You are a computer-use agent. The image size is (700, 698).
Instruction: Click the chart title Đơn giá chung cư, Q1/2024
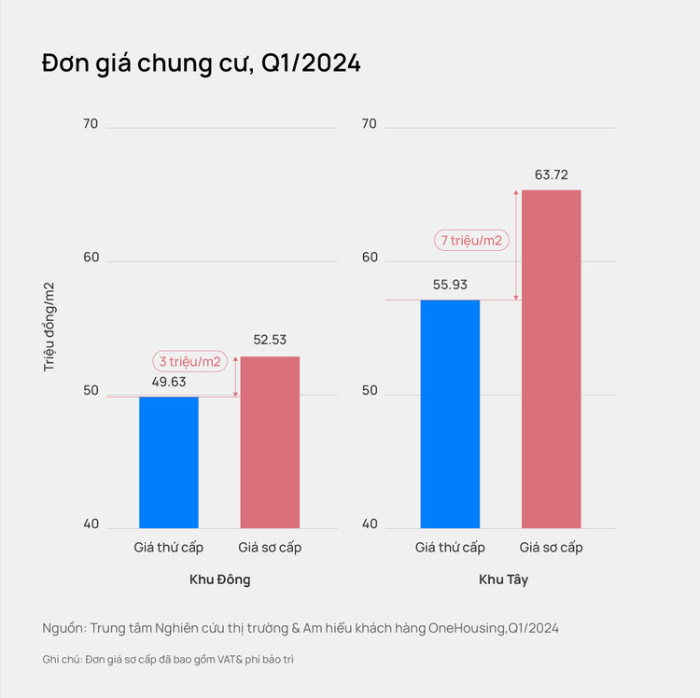[x=201, y=64]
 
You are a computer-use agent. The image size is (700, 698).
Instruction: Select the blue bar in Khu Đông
[x=169, y=462]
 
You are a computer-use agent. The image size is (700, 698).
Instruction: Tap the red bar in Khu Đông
[x=270, y=442]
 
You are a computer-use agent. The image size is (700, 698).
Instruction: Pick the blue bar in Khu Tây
[x=450, y=413]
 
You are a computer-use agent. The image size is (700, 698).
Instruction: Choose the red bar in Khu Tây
[x=551, y=359]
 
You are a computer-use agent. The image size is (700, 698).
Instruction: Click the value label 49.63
[x=169, y=381]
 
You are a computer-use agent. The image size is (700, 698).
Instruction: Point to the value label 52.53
[x=270, y=341]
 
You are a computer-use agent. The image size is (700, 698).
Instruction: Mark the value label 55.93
[x=450, y=285]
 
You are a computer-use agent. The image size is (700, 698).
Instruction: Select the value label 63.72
[x=551, y=174]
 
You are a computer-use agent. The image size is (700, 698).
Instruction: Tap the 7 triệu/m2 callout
[x=472, y=240]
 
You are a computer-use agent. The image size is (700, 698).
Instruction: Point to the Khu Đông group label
[x=219, y=579]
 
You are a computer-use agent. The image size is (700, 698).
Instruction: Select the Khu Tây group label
[x=503, y=579]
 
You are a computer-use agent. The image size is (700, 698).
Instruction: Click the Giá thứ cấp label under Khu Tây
[x=450, y=548]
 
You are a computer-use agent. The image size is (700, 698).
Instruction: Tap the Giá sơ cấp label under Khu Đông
[x=270, y=548]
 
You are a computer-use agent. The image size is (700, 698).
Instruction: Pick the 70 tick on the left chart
[x=91, y=124]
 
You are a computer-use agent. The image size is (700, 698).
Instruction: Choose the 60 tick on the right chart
[x=369, y=258]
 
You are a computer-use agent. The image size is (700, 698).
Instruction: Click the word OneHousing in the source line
[x=468, y=628]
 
